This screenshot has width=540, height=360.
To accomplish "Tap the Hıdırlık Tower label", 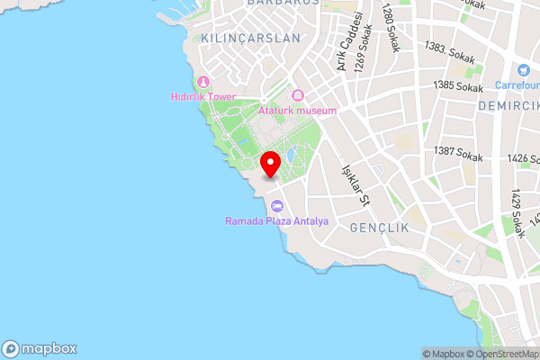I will point(202,97).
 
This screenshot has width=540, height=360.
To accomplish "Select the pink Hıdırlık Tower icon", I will point(204,82).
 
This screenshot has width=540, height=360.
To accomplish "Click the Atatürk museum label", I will point(297,111).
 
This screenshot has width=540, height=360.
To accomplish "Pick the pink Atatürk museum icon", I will point(297,96).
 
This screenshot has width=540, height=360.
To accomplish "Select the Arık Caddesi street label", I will point(349,40).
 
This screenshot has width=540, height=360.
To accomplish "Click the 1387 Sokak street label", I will point(458,152).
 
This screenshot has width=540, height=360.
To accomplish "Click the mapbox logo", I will point(40,348).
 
